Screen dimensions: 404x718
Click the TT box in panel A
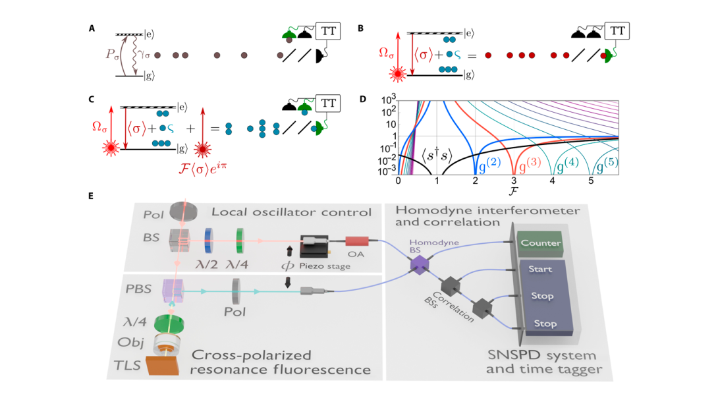click(329, 32)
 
